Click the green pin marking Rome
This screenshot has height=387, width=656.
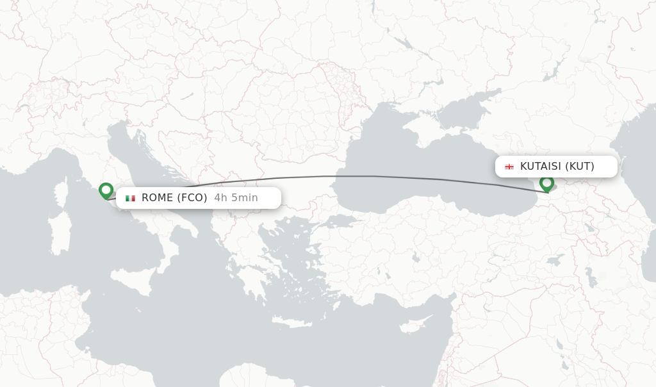point(106,190)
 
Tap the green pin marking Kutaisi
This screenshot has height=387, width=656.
point(546,183)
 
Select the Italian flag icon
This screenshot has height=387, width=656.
point(130,198)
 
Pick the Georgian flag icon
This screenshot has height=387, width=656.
point(509,167)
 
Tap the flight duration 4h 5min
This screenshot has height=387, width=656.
point(236,197)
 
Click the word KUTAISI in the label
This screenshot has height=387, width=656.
point(540,167)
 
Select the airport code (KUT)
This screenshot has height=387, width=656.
point(580,167)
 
